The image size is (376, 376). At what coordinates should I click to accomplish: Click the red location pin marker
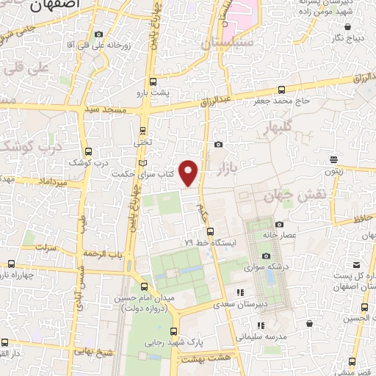189,172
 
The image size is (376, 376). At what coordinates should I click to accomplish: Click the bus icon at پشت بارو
152,82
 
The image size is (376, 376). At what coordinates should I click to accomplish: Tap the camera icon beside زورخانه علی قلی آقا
98,35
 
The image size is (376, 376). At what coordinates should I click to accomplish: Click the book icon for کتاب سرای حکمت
142,162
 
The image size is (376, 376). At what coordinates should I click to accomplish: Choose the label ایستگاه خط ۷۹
209,242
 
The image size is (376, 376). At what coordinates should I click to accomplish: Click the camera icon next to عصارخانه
279,224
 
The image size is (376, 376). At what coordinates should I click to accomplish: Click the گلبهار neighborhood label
277,126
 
